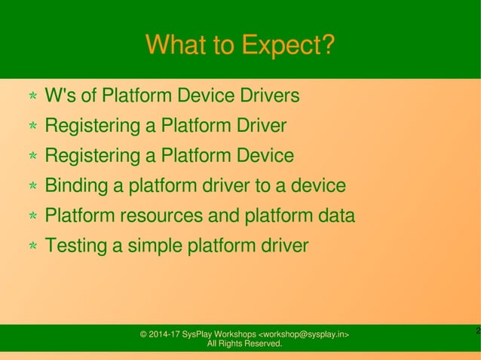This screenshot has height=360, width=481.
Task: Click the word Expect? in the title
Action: pos(287,46)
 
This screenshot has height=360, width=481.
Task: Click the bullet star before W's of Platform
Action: pos(33,97)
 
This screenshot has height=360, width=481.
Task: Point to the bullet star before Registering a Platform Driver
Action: pos(33,127)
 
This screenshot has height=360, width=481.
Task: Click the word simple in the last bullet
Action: pos(155,246)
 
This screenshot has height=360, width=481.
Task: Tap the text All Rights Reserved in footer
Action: pos(244,344)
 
